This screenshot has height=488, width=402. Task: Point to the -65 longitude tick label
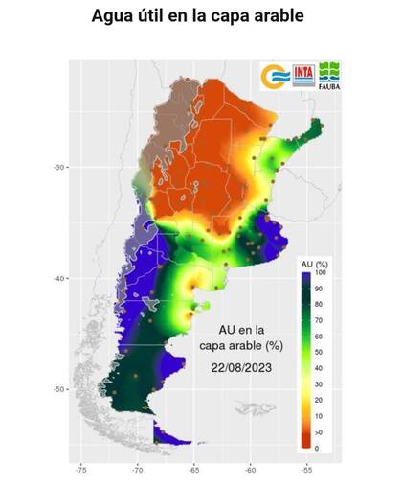pos(194,471)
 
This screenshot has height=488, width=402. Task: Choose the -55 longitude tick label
pos(306,471)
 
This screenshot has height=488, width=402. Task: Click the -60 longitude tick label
pos(251,471)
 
